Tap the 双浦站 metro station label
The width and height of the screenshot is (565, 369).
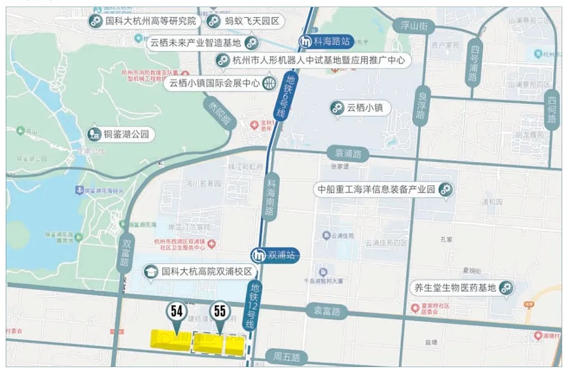pos(275,255)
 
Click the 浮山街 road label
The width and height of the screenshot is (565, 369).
pos(414,27)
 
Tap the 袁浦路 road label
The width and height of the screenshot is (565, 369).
pos(347,154)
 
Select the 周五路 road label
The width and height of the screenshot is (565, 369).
pos(286,357)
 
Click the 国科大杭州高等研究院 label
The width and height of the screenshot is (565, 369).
pos(143,21)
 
